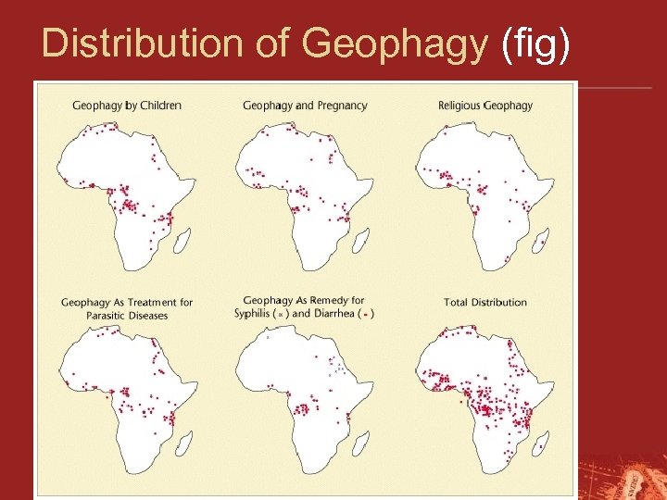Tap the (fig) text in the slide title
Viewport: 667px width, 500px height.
[535, 43]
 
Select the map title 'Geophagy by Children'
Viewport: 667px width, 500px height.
[127, 106]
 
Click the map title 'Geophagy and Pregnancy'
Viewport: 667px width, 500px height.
[305, 106]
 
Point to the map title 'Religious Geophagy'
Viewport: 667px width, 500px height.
[485, 106]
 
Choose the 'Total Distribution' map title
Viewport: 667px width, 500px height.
[485, 302]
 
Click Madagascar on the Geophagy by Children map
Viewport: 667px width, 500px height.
[183, 242]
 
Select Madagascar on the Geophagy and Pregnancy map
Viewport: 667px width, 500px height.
[362, 242]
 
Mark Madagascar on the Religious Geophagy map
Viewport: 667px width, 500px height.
[542, 242]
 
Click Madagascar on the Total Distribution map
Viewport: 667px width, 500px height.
[542, 444]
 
